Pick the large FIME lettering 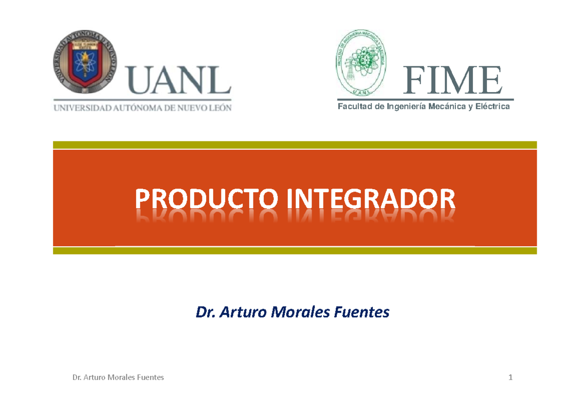(x=453, y=81)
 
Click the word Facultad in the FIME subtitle (x=355, y=106)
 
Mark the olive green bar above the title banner (x=294, y=145)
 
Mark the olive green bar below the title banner (x=294, y=251)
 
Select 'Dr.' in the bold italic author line (x=205, y=312)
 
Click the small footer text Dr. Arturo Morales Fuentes (x=117, y=377)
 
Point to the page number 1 (x=510, y=377)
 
